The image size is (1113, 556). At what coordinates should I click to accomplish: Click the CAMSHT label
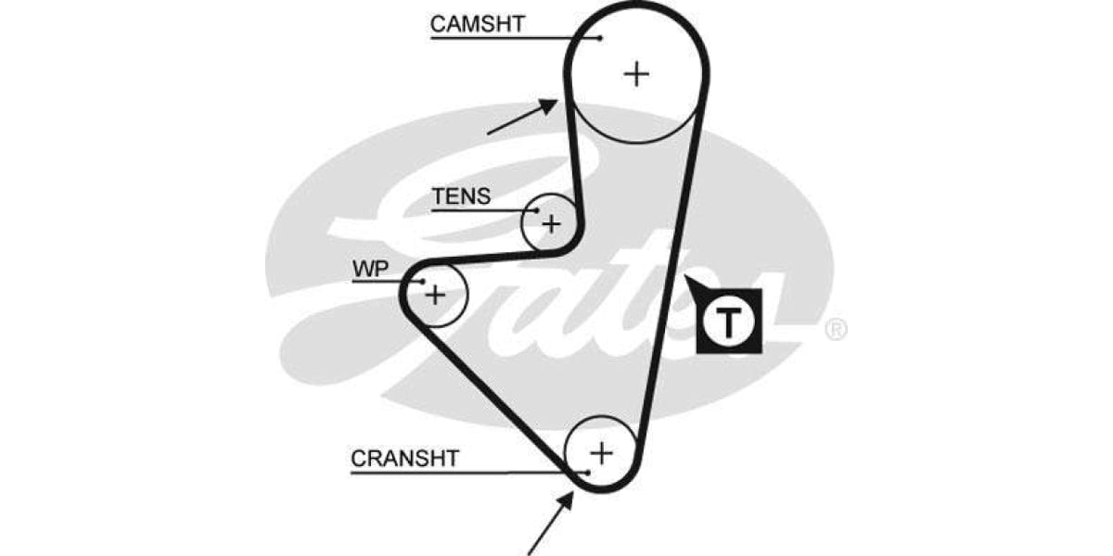[x=477, y=24]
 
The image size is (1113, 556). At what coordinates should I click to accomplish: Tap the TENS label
[x=461, y=197]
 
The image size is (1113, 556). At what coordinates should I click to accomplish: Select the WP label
[x=369, y=270]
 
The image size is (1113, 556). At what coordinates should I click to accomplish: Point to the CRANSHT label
[x=404, y=459]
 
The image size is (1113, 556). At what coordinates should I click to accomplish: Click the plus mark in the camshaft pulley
[x=636, y=73]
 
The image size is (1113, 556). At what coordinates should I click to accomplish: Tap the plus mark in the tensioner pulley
[x=552, y=223]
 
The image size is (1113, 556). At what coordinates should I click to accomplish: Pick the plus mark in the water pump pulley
[x=434, y=295]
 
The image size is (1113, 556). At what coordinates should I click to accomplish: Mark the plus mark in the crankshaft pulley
[x=602, y=452]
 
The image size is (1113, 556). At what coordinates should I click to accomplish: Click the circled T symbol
[x=729, y=322]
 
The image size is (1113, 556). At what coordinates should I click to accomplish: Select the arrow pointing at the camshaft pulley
[x=522, y=118]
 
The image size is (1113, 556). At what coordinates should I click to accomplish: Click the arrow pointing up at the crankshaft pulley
[x=548, y=523]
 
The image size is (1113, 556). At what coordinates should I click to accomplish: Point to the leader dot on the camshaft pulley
[x=600, y=38]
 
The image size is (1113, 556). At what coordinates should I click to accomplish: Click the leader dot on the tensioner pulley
[x=536, y=211]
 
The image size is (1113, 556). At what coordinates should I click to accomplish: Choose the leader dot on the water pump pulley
[x=421, y=282]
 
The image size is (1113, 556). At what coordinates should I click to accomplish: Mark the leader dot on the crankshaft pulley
[x=586, y=473]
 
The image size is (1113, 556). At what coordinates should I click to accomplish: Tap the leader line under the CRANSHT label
[x=464, y=473]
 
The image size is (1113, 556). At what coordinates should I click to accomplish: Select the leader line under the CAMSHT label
[x=510, y=38]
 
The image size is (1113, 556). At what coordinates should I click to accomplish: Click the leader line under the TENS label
[x=482, y=211]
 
